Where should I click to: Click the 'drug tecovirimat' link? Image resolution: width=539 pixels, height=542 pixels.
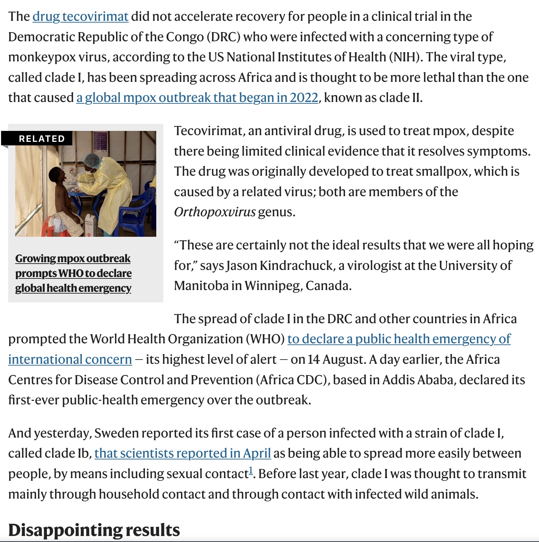click(80, 17)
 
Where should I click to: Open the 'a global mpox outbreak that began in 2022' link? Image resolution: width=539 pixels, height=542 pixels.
click(197, 98)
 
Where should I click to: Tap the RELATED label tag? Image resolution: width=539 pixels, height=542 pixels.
click(42, 139)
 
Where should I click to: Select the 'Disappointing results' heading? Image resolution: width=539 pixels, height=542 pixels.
click(94, 530)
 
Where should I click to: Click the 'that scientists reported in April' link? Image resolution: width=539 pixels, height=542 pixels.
click(182, 453)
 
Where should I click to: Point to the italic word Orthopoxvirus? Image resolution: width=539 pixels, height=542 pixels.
click(214, 212)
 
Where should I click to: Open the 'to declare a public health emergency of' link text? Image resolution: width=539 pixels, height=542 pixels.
click(399, 339)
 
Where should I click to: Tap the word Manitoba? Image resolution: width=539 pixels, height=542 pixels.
click(201, 286)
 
